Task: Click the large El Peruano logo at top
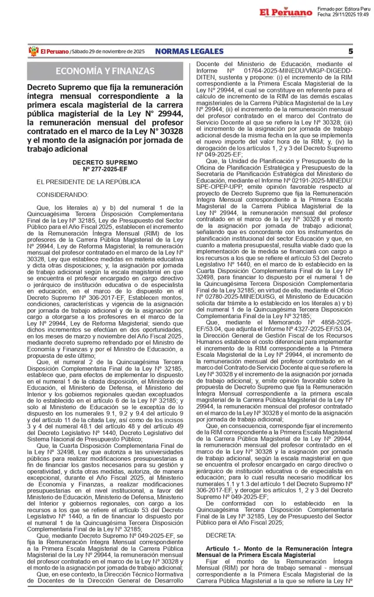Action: click(286, 12)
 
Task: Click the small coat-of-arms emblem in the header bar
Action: click(33, 51)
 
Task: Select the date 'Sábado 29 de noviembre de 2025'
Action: click(108, 52)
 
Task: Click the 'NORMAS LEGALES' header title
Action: click(186, 51)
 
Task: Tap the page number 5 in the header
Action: click(350, 51)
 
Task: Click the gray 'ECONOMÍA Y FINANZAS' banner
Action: click(105, 71)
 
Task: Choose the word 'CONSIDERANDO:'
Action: click(63, 195)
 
